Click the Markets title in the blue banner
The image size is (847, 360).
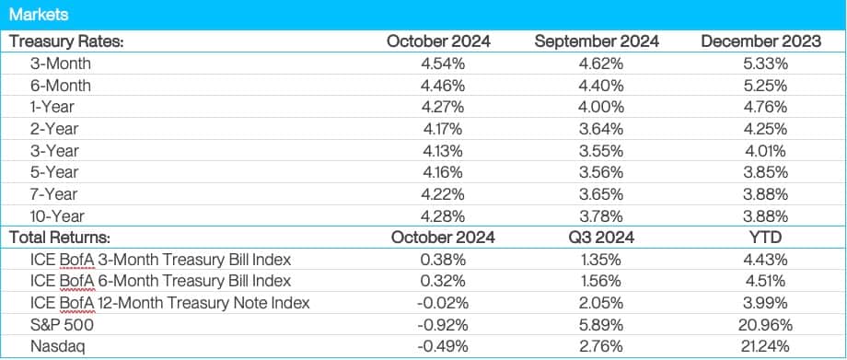point(38,16)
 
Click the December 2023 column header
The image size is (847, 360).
point(758,42)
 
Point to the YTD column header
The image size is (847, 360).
point(757,237)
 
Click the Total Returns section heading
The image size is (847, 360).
point(61,237)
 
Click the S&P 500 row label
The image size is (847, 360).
point(58,323)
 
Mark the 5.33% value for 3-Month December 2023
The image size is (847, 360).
point(757,64)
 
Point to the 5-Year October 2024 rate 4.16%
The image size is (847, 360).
point(439,172)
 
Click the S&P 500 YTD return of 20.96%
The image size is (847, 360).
point(757,323)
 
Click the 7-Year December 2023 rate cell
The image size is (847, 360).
point(757,193)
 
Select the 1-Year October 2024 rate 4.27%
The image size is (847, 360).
point(439,108)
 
